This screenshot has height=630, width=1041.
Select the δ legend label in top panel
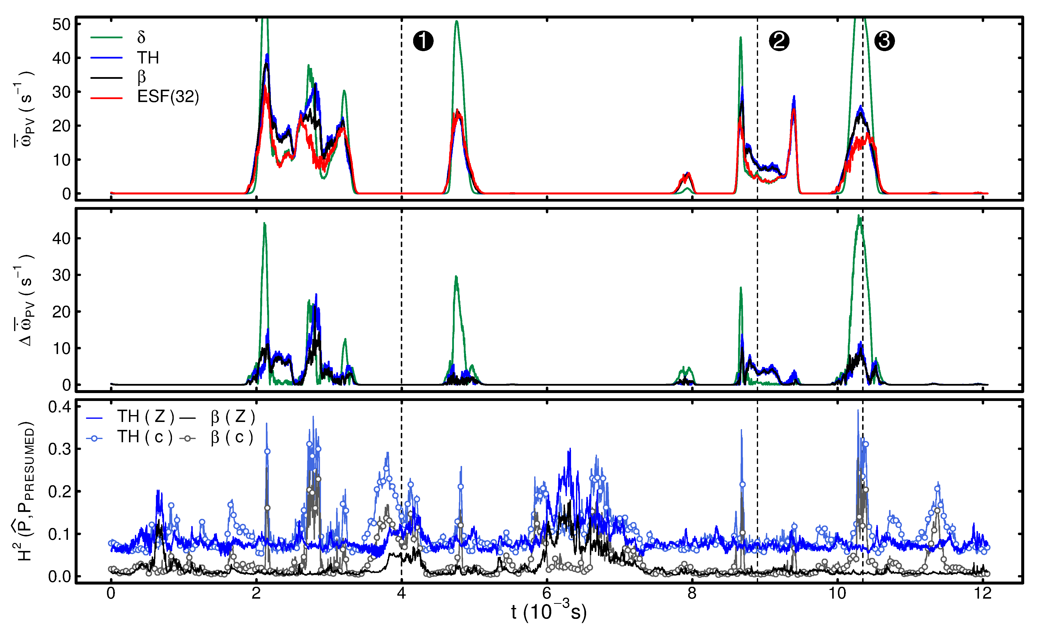(141, 38)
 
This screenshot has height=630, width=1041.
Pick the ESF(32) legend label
(168, 97)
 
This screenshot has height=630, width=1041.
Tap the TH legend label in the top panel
(148, 58)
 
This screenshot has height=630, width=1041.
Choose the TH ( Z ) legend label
(145, 417)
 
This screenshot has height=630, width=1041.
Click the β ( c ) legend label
(232, 437)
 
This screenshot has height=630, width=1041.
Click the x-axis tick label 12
(983, 593)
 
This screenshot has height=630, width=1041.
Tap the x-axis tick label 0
(111, 593)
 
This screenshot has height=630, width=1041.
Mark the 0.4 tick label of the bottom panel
(59, 407)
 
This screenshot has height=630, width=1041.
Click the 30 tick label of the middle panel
(61, 275)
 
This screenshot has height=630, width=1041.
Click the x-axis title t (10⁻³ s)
(548, 612)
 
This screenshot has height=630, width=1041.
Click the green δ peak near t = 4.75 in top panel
(456, 21)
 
